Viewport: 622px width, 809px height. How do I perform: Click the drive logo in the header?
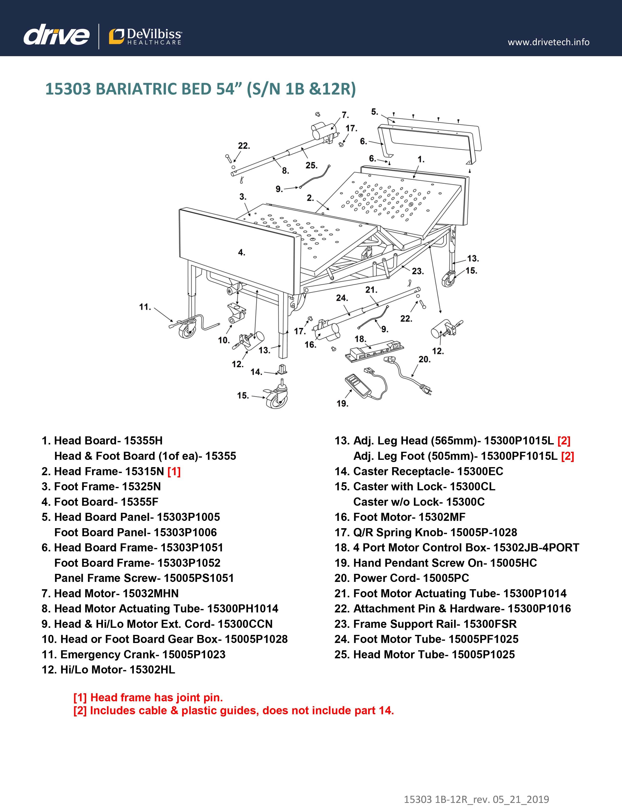click(56, 36)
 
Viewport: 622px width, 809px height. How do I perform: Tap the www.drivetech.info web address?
click(548, 42)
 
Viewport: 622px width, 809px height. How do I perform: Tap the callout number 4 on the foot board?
click(241, 252)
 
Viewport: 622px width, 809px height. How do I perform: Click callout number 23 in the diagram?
click(418, 271)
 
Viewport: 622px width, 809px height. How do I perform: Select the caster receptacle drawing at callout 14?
click(282, 369)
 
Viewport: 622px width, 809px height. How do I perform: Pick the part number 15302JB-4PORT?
click(536, 548)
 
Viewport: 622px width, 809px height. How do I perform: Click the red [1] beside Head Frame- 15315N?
click(174, 471)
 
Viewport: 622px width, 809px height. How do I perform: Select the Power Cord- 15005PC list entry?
click(402, 578)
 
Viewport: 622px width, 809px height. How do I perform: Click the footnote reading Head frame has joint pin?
click(148, 698)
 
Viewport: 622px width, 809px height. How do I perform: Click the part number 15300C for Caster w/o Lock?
click(465, 502)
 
